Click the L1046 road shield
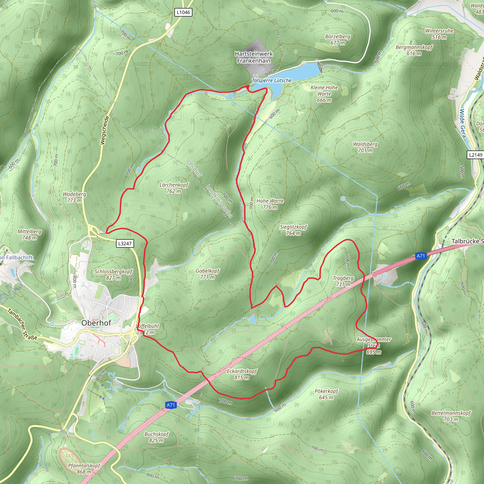pos(183,12)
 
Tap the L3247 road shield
pos(125,243)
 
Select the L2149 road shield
pos(475,155)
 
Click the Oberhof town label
pos(96,323)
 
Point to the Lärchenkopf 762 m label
pos(174,188)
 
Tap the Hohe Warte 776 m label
pos(270,204)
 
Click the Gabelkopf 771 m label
pos(207,274)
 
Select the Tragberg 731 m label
pos(343,281)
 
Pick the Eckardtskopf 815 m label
pos(242,374)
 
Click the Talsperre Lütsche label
pos(272,80)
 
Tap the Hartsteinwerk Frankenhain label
pos(254,57)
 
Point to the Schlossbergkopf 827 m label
pos(113,275)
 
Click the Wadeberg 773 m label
pos(74,197)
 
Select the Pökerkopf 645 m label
pos(326,394)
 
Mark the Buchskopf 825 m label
pos(156,437)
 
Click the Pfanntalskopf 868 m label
pos(84,469)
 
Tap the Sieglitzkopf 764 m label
pos(293,230)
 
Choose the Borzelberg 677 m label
pos(337,39)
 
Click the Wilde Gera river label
pos(462,124)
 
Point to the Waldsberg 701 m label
pos(365,147)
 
